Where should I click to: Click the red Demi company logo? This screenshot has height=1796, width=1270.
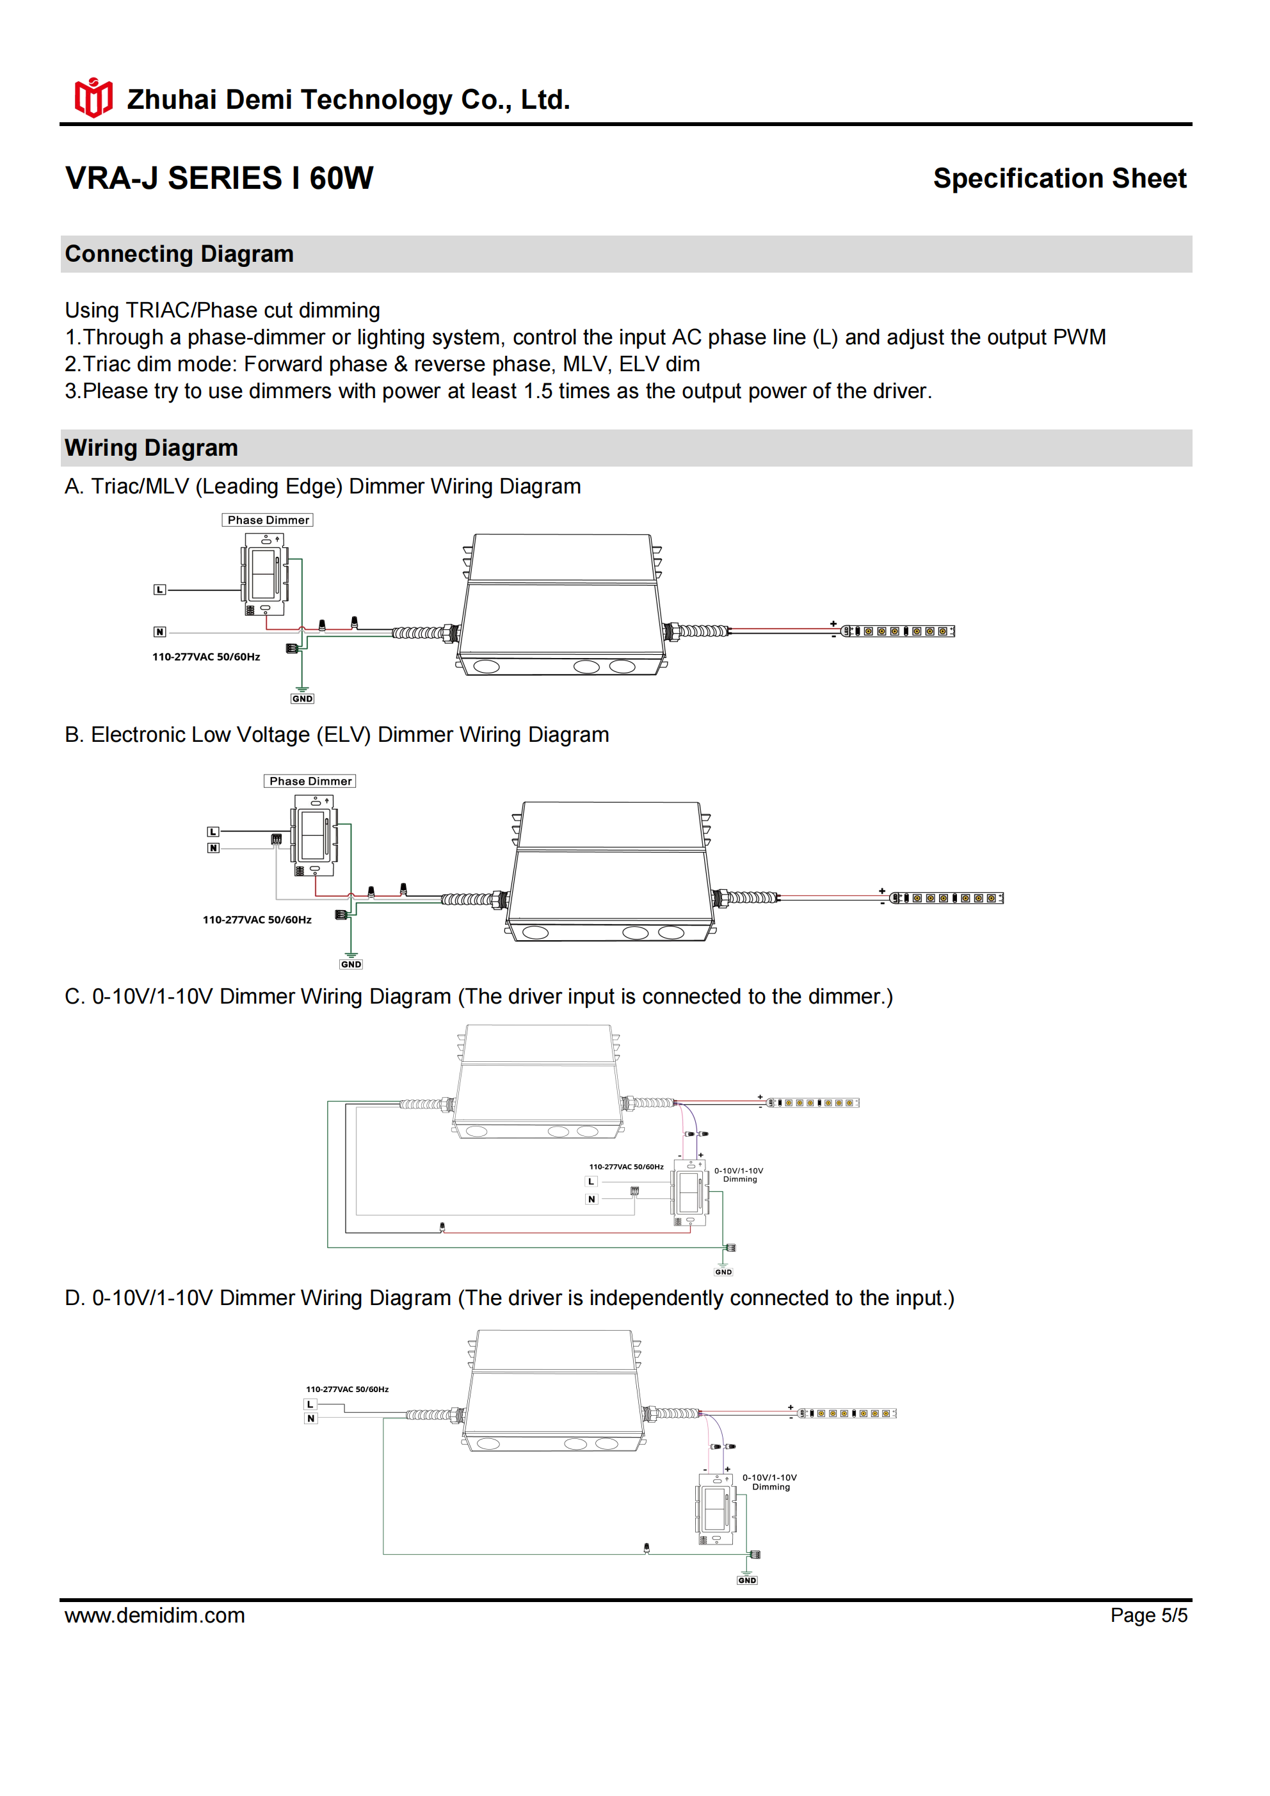point(93,99)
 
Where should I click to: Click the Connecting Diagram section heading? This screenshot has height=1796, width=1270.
point(179,254)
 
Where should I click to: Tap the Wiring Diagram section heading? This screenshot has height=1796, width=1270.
point(151,448)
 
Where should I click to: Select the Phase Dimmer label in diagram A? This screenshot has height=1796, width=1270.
point(268,520)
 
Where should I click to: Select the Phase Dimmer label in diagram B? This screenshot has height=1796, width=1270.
point(310,782)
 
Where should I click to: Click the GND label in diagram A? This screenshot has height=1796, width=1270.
point(302,698)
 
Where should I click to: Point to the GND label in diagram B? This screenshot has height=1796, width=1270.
point(351,965)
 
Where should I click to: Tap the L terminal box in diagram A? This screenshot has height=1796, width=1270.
point(159,589)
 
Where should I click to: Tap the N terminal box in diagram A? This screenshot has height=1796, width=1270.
point(159,632)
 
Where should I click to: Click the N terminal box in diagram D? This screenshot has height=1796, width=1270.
point(310,1418)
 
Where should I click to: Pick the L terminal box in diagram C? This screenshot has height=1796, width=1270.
point(591,1182)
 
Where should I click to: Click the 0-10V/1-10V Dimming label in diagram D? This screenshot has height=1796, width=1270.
point(770,1482)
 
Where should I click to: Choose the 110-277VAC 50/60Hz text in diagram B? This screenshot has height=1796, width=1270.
point(257,920)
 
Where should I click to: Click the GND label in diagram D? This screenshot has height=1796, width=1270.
point(747,1580)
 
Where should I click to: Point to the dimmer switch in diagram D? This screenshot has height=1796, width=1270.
point(715,1510)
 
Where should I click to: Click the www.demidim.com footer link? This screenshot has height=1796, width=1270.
point(155,1616)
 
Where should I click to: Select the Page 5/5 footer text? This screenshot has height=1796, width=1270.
point(1148,1616)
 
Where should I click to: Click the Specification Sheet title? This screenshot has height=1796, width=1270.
point(1059,179)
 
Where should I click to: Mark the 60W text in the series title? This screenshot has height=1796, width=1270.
point(341,179)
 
